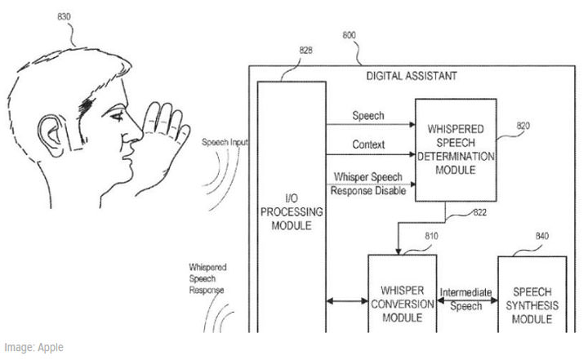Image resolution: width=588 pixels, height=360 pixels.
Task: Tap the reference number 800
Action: point(349,36)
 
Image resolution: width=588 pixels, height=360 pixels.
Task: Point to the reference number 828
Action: point(305,51)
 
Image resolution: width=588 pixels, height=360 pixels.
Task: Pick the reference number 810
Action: point(432,237)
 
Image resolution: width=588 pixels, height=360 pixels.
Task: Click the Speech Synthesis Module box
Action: point(537,304)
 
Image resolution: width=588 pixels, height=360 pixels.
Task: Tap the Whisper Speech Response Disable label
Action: point(367,184)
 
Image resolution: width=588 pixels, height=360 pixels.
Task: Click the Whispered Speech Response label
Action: point(207,278)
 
